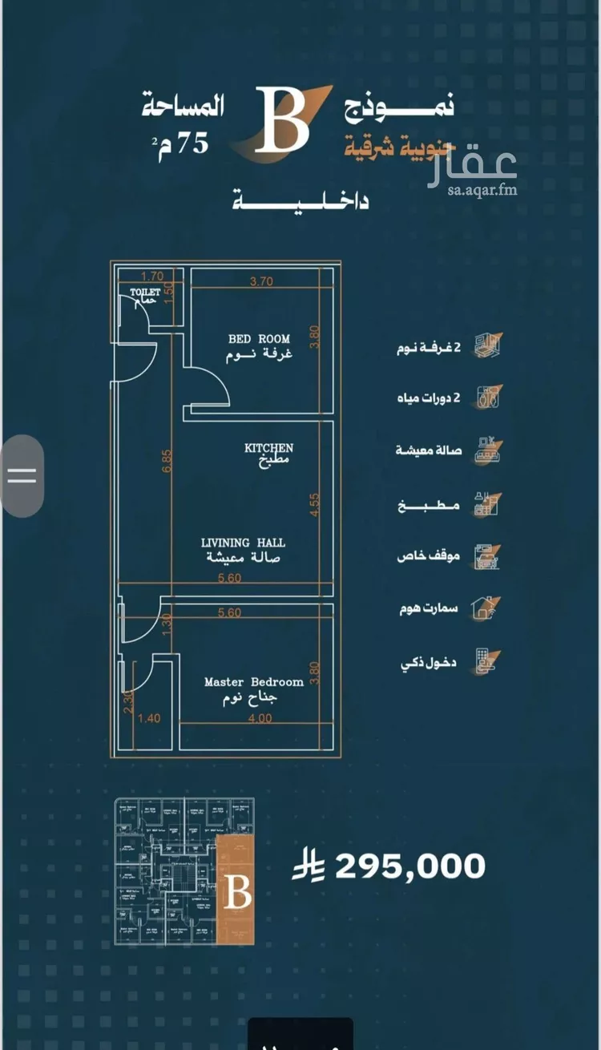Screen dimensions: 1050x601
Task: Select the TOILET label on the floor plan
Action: [145, 293]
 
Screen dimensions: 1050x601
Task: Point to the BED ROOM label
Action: [259, 339]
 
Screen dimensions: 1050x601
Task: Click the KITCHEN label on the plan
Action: [268, 448]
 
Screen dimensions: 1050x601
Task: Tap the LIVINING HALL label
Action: [243, 543]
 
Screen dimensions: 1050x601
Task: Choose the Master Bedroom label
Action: [253, 682]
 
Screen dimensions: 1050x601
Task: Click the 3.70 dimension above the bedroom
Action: [262, 281]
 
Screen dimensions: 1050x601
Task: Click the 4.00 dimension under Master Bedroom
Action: [259, 718]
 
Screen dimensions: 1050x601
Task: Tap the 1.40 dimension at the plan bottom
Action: [148, 718]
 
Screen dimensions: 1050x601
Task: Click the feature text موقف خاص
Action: [428, 555]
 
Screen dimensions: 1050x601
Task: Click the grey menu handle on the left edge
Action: [22, 475]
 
